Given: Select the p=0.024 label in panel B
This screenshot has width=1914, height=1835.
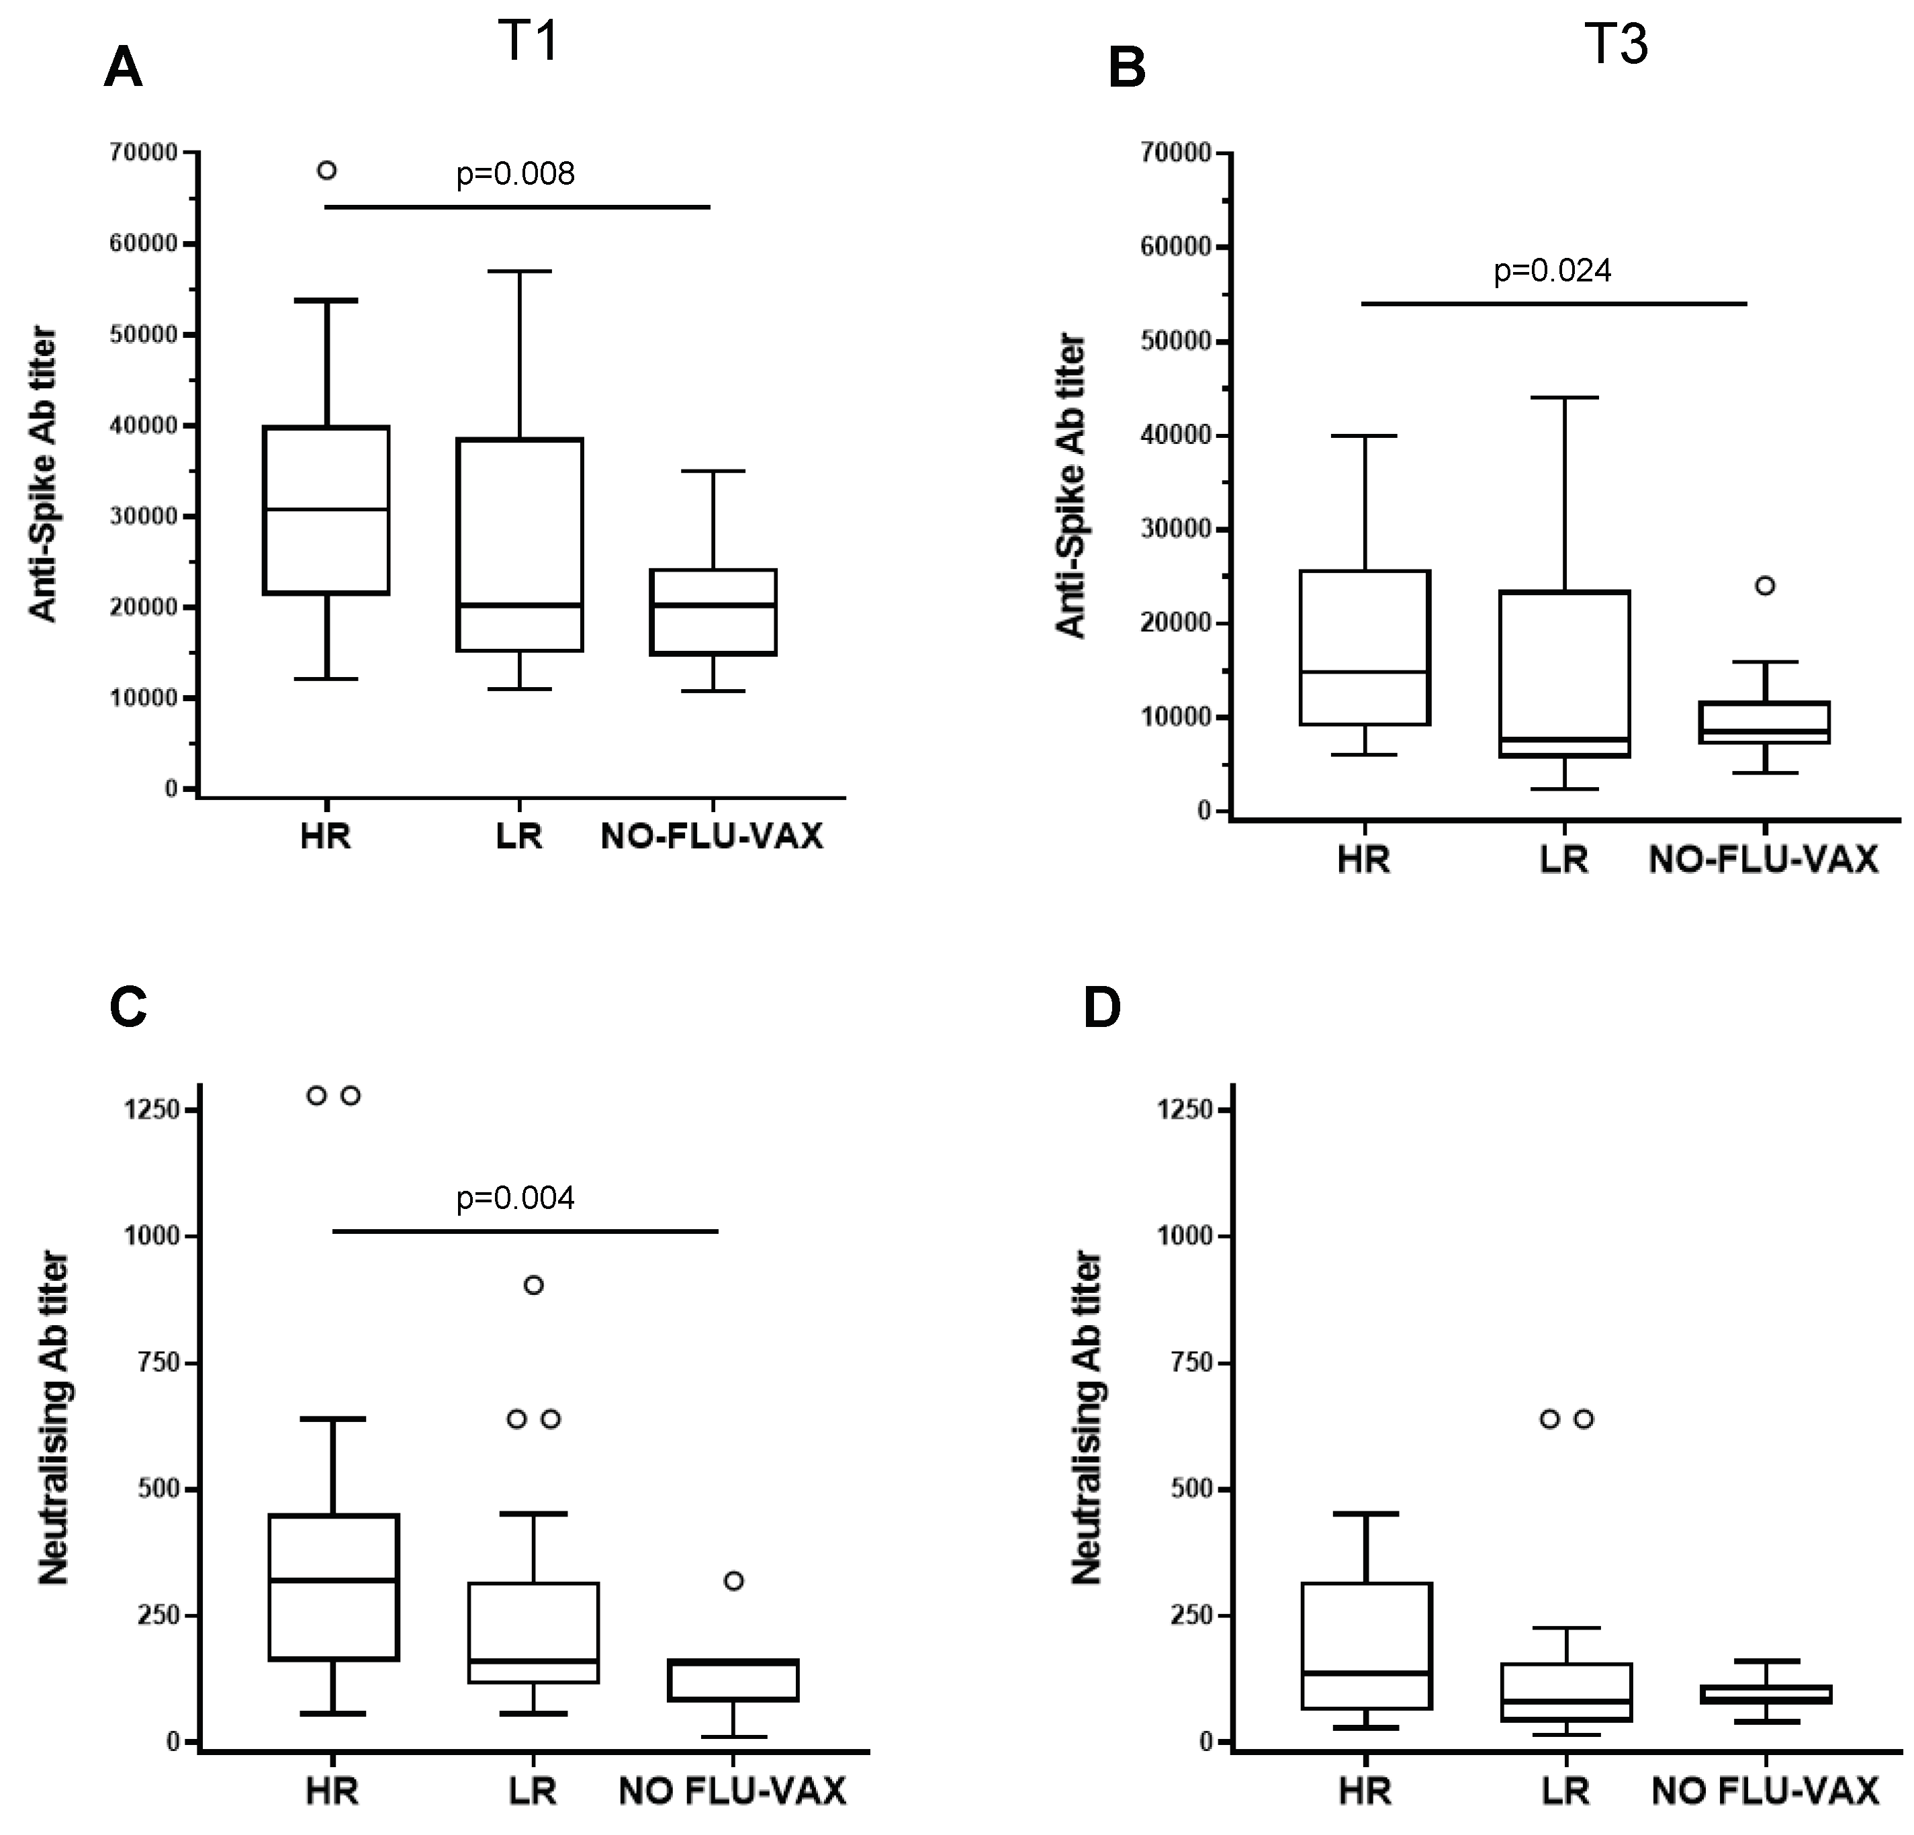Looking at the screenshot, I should (1552, 271).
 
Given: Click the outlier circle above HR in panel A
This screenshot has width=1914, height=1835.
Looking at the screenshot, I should (327, 171).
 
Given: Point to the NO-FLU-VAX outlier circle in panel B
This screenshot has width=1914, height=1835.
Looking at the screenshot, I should (1765, 586).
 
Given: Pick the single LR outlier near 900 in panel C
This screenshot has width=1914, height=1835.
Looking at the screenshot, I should (534, 1285).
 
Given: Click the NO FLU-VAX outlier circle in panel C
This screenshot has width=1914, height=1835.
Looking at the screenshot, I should (734, 1581).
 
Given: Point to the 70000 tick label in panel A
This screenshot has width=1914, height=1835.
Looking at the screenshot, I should (144, 152).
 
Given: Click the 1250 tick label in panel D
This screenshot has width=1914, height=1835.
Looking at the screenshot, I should (1183, 1110).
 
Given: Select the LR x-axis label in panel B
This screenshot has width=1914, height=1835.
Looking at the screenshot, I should (1563, 859).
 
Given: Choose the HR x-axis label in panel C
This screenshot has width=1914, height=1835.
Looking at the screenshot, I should (332, 1792).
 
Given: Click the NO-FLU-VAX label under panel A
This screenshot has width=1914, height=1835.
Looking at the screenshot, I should (712, 837).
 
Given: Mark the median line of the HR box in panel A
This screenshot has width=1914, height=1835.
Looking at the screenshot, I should (327, 509).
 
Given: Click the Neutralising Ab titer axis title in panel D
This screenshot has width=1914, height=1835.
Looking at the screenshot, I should (1087, 1417).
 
